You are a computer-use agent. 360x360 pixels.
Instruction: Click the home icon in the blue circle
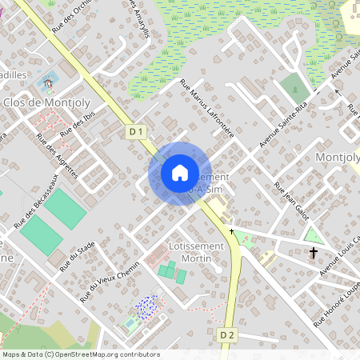click(179, 173)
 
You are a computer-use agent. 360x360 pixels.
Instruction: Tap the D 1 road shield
click(135, 131)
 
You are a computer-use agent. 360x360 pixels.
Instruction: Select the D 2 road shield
click(228, 334)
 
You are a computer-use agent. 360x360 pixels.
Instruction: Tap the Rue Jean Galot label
click(291, 199)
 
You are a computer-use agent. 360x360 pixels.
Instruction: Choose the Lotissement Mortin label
click(191, 252)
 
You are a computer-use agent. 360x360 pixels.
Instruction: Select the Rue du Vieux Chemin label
click(104, 284)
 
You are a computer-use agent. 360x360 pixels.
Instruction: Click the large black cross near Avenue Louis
click(313, 253)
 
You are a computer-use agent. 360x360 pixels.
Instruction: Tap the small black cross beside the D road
click(231, 231)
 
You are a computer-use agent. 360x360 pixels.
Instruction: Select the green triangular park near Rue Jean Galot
click(313, 236)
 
